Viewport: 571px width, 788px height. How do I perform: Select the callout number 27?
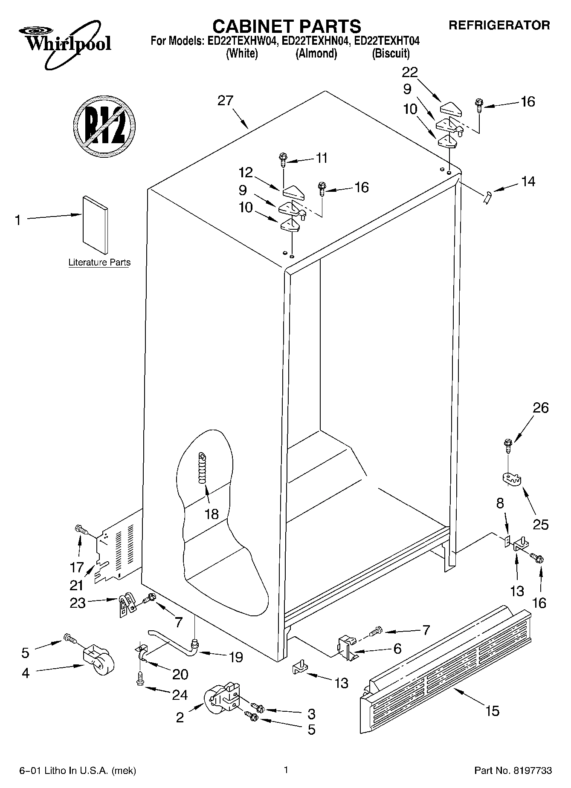(x=225, y=101)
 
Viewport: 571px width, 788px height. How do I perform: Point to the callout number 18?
(x=212, y=514)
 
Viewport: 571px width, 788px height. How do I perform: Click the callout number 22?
(x=410, y=72)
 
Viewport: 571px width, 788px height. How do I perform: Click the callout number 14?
(x=528, y=182)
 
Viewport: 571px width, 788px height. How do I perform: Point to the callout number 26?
(x=540, y=408)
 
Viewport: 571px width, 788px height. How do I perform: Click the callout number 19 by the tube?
(x=235, y=657)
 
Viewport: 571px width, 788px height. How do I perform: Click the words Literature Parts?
(x=99, y=263)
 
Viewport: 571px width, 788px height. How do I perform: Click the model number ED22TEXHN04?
(x=316, y=41)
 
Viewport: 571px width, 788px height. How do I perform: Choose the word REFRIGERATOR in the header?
(x=499, y=25)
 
